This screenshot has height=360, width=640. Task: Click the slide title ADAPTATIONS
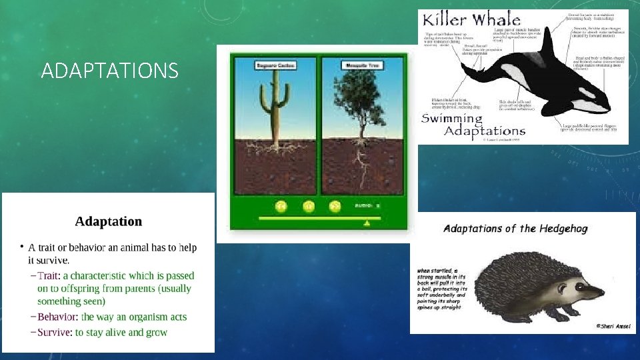109,70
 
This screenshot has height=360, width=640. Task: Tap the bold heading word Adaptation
108,221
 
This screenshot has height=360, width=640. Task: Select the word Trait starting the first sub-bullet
49,275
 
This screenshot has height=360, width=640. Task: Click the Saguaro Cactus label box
275,66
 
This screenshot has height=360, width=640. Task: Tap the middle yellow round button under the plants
308,207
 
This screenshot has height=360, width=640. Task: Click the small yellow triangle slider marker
366,224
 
